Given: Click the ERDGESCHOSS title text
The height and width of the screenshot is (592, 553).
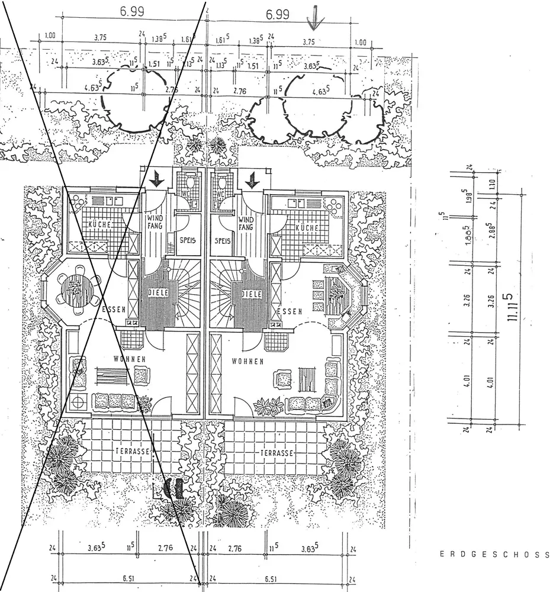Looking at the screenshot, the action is click(x=494, y=555).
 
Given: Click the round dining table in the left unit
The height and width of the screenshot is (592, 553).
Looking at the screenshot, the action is click(x=75, y=287).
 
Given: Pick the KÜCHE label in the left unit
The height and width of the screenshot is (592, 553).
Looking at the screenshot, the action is click(x=100, y=226).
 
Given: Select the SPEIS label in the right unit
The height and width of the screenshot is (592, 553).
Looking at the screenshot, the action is click(x=223, y=241).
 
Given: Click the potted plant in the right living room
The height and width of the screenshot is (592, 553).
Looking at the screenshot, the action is click(x=268, y=406).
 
